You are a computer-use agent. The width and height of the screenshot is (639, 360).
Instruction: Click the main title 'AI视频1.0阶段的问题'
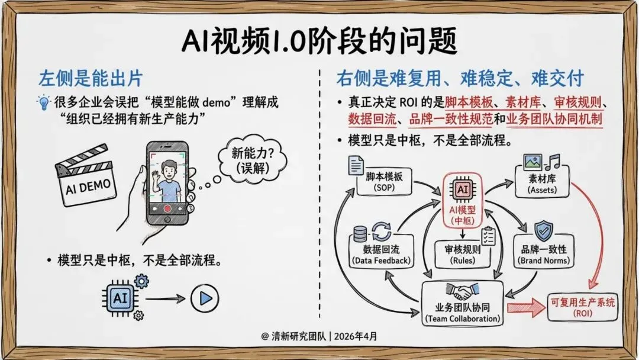pos(319,43)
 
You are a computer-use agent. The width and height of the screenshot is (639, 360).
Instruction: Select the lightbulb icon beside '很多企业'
pos(44,103)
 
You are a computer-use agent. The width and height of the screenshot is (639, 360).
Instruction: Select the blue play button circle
pos(205,298)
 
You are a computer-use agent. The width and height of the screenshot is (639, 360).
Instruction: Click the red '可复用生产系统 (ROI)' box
pos(582,307)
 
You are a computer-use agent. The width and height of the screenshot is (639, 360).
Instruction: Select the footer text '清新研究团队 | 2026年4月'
pos(319,336)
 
